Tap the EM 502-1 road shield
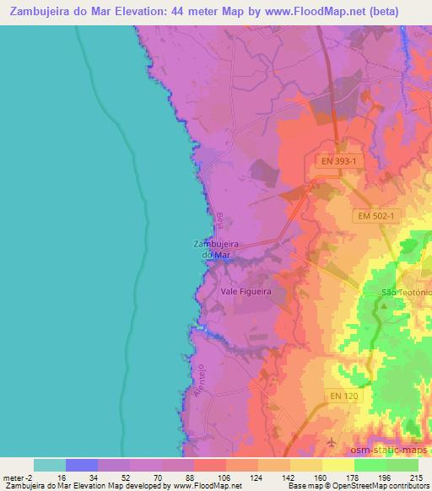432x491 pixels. pos(374,216)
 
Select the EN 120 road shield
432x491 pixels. pos(343,395)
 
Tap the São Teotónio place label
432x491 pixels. pos(407,292)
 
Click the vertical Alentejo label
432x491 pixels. pos(201,381)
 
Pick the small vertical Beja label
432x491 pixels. pos(218,221)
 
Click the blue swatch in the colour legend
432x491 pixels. pos(82,464)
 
